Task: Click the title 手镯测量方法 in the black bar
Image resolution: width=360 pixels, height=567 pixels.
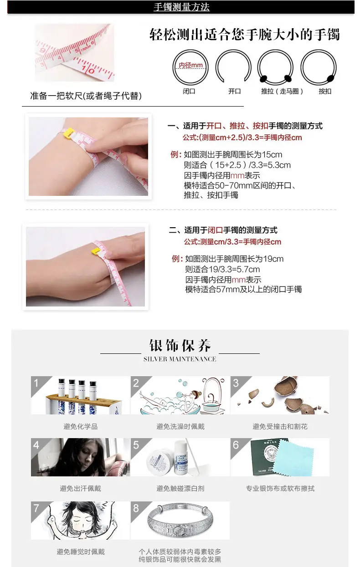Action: point(181,7)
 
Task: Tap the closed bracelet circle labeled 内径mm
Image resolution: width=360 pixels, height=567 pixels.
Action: point(173,67)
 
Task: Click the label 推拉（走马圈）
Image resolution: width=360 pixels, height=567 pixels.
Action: point(282,91)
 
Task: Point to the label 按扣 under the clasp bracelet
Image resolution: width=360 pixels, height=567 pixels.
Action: point(325,91)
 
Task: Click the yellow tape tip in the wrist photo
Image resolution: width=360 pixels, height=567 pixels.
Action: point(69,133)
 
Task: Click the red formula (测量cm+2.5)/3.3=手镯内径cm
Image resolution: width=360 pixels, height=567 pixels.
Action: point(242,138)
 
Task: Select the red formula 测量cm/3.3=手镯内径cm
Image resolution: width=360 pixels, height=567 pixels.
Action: point(232,242)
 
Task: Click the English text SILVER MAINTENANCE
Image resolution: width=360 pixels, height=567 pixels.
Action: point(180,359)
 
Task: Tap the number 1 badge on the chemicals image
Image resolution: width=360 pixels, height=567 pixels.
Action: point(36,383)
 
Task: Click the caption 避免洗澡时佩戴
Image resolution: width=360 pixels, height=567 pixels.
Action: point(180,427)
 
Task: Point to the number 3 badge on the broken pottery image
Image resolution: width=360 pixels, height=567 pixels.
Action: point(236,383)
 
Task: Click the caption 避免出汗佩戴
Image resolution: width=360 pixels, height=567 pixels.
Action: point(80,488)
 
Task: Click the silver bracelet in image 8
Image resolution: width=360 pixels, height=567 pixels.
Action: point(180,520)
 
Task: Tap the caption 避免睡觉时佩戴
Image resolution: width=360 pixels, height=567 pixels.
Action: point(81,552)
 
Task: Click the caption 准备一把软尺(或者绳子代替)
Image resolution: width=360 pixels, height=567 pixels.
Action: point(86,96)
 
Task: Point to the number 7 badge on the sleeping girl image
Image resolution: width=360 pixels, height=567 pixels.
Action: point(36,508)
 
